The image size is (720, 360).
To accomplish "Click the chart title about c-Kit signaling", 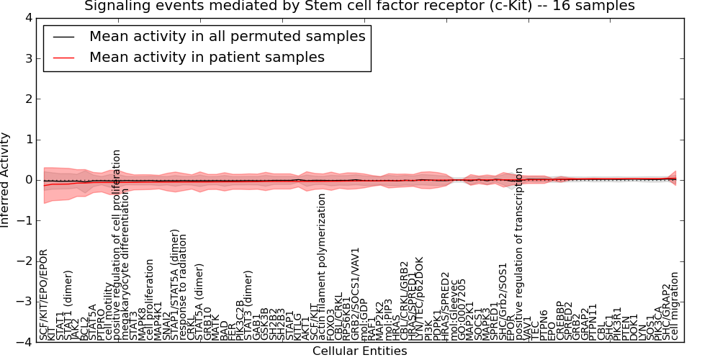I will [x=359, y=6].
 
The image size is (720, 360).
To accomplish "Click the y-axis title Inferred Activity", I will [x=6, y=180].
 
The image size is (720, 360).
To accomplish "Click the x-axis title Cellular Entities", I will [x=359, y=351].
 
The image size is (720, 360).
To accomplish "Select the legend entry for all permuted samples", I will [x=227, y=37].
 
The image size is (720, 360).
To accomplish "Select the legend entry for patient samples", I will [x=207, y=57].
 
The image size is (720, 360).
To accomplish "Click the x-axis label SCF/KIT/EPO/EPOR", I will [x=44, y=294].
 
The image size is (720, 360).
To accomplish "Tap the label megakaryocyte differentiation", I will [x=126, y=264].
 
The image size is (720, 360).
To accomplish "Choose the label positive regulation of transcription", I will [x=519, y=253].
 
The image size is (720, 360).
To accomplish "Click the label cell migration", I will [x=675, y=305].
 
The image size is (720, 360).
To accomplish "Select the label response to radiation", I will [x=183, y=285].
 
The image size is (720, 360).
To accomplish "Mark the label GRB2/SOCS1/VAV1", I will [x=356, y=293].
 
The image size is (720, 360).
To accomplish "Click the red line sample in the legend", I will [x=63, y=58].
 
